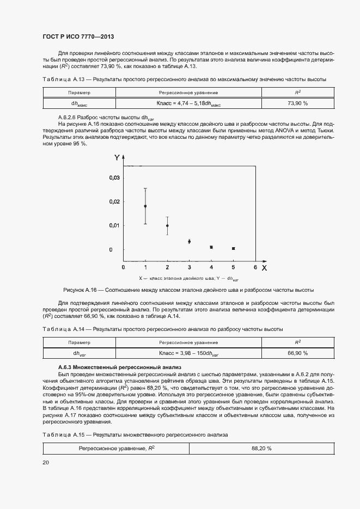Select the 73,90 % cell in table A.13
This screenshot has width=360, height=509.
click(297, 102)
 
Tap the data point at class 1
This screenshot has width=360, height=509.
click(145, 206)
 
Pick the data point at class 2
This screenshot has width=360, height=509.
click(167, 225)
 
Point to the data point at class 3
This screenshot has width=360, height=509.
click(189, 241)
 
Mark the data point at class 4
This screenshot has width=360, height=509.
click(211, 247)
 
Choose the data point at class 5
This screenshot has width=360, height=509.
click(233, 248)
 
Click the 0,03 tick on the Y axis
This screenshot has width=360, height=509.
click(113, 177)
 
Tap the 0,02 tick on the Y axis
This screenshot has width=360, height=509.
click(113, 201)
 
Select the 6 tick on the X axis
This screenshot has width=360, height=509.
click(255, 267)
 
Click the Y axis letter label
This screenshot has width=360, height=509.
click(117, 158)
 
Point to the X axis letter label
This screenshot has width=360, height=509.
click(264, 268)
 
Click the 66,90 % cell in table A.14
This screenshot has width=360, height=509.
click(297, 353)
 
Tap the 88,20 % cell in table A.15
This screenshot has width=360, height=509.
click(261, 448)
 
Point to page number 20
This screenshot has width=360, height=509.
click(46, 462)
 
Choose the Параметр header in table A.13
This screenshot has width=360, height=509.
click(80, 93)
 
